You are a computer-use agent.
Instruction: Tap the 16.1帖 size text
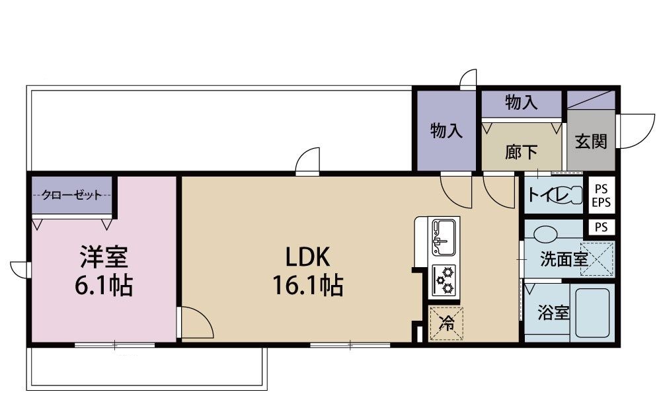coord(307,285)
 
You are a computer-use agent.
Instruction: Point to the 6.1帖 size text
coord(103,285)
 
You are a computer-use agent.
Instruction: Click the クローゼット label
coord(71,195)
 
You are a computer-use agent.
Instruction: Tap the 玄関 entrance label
coord(590,142)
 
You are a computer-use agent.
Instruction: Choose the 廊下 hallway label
coord(521,153)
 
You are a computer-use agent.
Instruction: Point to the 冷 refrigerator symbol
coord(447,323)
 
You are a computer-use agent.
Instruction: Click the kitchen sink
coord(445,235)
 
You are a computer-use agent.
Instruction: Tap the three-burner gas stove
coord(445,280)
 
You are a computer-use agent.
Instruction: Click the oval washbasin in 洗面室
coord(545,234)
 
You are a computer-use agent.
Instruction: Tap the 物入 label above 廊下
coord(521,102)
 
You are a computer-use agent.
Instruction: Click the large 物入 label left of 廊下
coord(446,130)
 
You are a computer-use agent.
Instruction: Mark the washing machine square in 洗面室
coord(600,259)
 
